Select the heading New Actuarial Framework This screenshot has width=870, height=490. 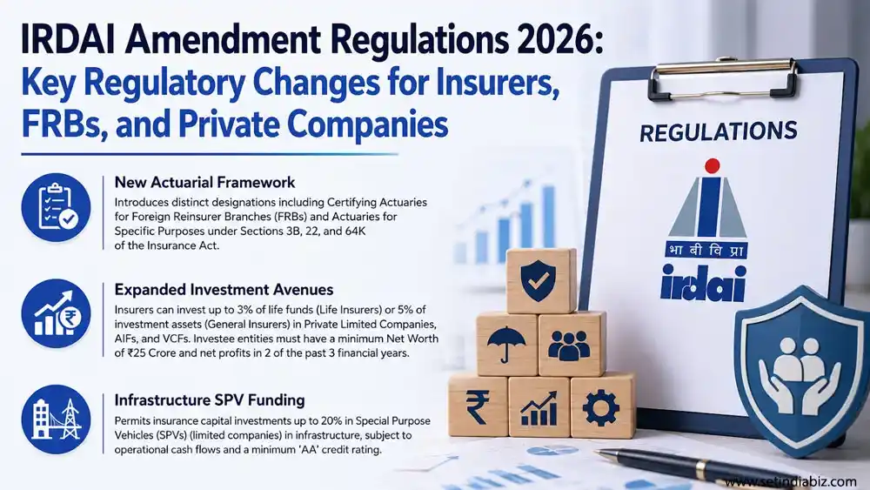[204, 182]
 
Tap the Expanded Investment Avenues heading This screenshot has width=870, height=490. [224, 289]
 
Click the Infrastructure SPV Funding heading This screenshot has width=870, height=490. [210, 399]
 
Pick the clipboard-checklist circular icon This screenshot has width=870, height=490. [56, 207]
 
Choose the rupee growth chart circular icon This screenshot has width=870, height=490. [56, 313]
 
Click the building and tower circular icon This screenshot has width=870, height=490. [56, 419]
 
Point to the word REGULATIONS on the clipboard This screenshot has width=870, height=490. [718, 131]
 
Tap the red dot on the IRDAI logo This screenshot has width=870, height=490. [712, 166]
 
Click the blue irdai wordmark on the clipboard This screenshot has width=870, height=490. [702, 283]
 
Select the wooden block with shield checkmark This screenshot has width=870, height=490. [541, 280]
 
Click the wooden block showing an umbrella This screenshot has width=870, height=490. [506, 344]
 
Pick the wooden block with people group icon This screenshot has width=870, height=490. [572, 344]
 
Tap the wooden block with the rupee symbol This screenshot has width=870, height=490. [478, 406]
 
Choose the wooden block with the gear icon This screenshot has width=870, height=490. [602, 406]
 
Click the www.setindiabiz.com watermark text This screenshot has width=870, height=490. [790, 481]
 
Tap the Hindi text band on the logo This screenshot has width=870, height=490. [706, 250]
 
